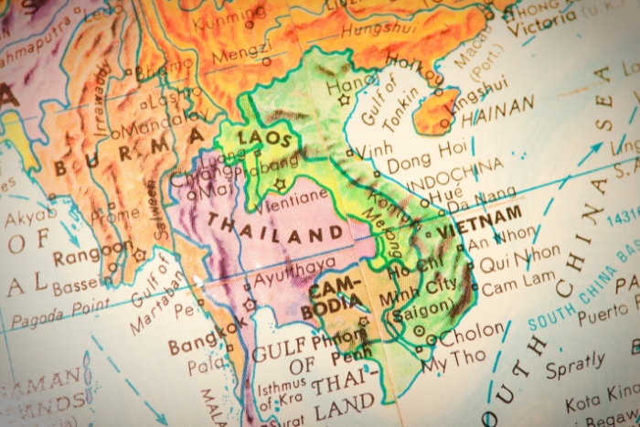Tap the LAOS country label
pos(265,139)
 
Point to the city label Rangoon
pos(91,252)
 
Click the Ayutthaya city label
pos(294,267)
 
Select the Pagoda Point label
pos(55,314)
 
